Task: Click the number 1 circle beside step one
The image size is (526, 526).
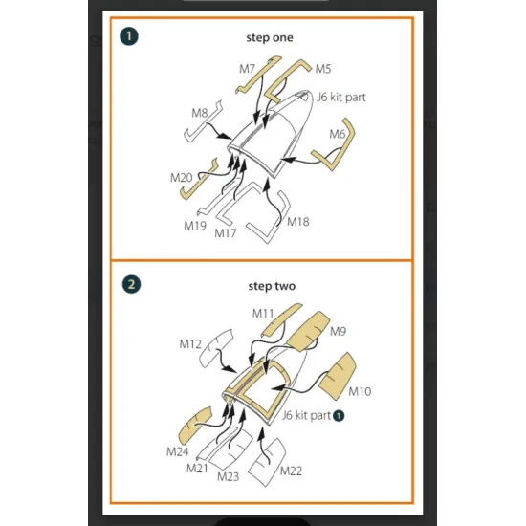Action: tap(129, 36)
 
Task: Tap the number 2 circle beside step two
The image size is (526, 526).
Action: tap(132, 284)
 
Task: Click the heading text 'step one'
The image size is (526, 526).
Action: tap(270, 37)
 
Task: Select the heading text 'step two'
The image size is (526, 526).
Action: tap(272, 286)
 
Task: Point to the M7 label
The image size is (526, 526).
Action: tap(247, 69)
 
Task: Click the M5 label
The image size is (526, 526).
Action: tap(323, 69)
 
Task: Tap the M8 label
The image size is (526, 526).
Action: tap(200, 113)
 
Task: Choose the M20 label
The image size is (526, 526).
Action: tap(181, 178)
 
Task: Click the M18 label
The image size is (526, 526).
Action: tap(297, 222)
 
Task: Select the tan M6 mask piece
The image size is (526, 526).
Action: tap(349, 134)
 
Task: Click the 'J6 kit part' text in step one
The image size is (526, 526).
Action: tap(341, 98)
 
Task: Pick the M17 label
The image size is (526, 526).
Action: tap(226, 232)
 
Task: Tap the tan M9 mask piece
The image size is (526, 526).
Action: tap(309, 332)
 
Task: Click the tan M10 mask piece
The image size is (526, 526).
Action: tap(338, 376)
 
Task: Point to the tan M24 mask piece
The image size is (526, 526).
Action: tap(194, 425)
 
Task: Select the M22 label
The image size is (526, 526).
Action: tap(291, 471)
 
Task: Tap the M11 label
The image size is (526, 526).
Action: tap(263, 314)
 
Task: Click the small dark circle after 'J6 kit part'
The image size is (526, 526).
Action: tap(339, 416)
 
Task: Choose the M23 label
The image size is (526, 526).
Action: tap(229, 476)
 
